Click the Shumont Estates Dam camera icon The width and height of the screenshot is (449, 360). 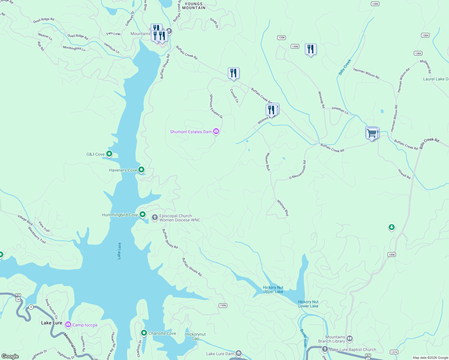click(216, 131)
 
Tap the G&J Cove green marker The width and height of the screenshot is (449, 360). click(109, 154)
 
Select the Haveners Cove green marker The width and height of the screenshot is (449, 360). click(141, 170)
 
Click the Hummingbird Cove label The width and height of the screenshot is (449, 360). click(120, 215)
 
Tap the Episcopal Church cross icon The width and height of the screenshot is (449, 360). click(155, 217)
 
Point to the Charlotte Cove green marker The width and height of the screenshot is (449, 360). click(144, 333)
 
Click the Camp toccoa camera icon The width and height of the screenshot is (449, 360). click(68, 325)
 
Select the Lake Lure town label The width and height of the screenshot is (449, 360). click(52, 323)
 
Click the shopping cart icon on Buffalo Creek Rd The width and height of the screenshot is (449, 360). click(372, 133)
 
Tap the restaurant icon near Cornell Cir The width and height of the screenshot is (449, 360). click(234, 73)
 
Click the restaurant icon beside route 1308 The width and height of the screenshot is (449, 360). click(311, 49)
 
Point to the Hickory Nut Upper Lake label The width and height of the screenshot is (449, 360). click(273, 289)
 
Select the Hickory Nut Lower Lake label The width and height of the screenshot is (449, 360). click(308, 304)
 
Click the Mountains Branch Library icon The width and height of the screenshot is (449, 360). click(350, 339)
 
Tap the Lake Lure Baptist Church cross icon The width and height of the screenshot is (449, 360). click(325, 349)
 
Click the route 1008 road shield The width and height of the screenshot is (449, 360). click(391, 255)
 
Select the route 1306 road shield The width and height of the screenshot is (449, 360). click(223, 305)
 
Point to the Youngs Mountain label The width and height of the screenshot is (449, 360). click(194, 6)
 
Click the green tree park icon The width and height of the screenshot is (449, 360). click(391, 227)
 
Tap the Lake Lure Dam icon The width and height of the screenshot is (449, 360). click(238, 353)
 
